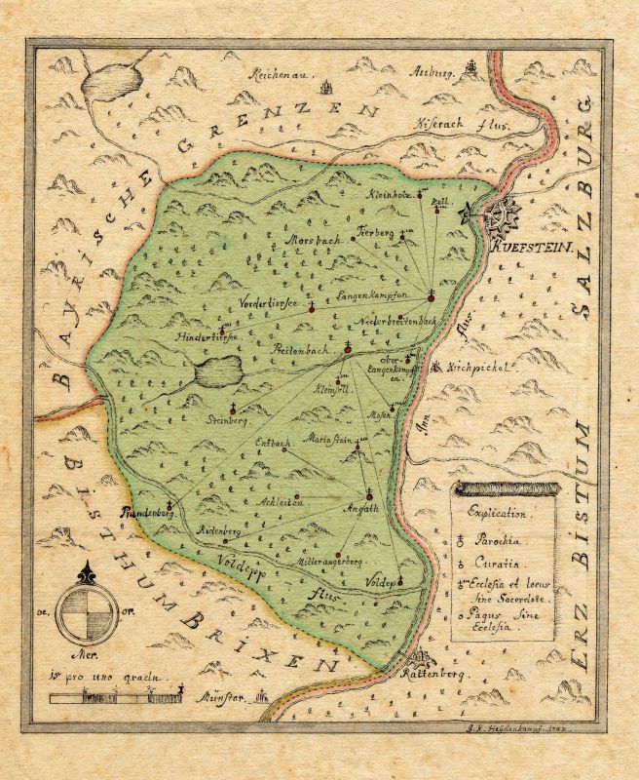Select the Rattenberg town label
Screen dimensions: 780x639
coord(435,674)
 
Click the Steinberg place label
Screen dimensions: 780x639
coord(229,422)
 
